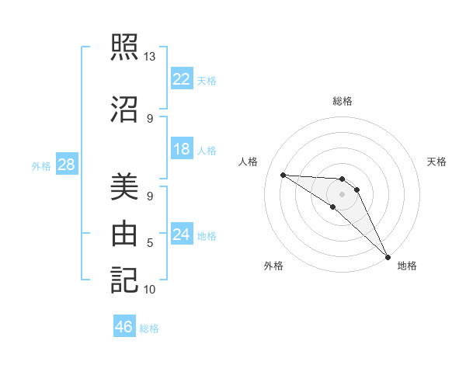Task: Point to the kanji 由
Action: [124, 234]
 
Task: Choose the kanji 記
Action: [124, 280]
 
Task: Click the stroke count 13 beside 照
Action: [149, 57]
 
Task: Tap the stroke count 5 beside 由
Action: [150, 243]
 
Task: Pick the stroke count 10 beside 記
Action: [150, 290]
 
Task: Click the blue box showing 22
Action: [182, 79]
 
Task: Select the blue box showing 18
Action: [182, 149]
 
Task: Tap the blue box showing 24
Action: [182, 235]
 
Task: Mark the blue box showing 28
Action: [65, 165]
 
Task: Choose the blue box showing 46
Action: [124, 327]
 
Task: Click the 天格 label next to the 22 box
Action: [207, 80]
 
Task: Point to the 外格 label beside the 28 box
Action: [41, 165]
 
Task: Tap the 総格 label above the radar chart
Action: [342, 101]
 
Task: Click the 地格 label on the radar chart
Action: [407, 266]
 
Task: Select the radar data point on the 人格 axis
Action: [283, 175]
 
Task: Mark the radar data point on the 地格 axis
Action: [388, 257]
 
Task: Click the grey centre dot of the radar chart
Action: [342, 193]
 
